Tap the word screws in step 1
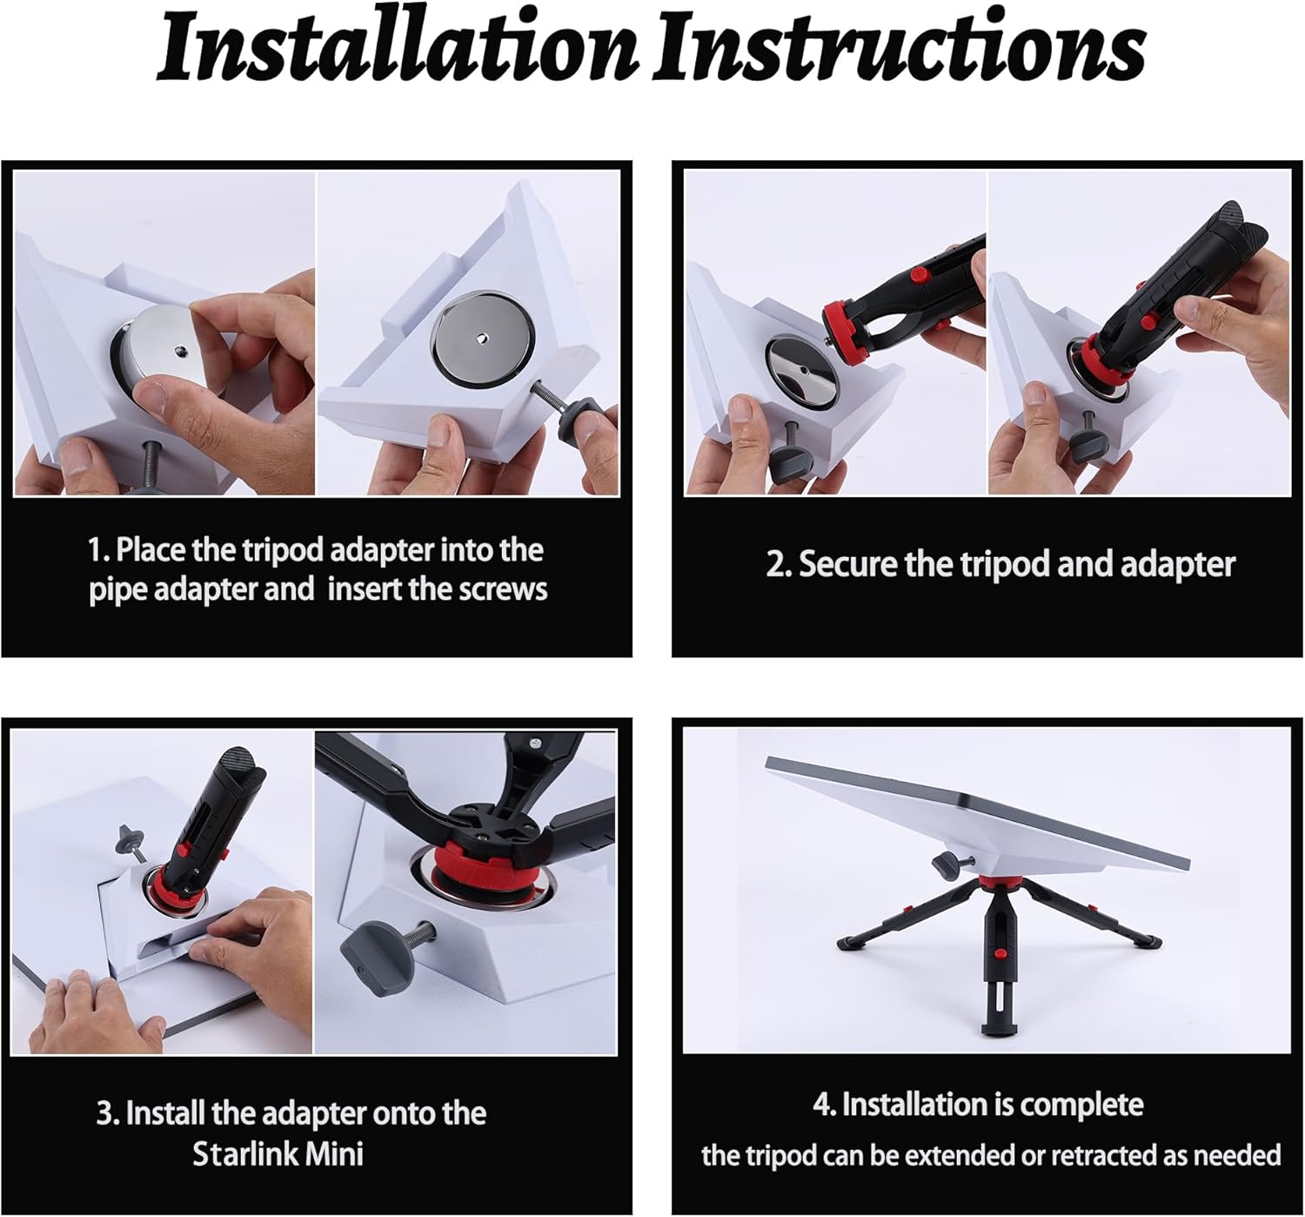pos(503,589)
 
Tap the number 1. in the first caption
pos(99,550)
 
